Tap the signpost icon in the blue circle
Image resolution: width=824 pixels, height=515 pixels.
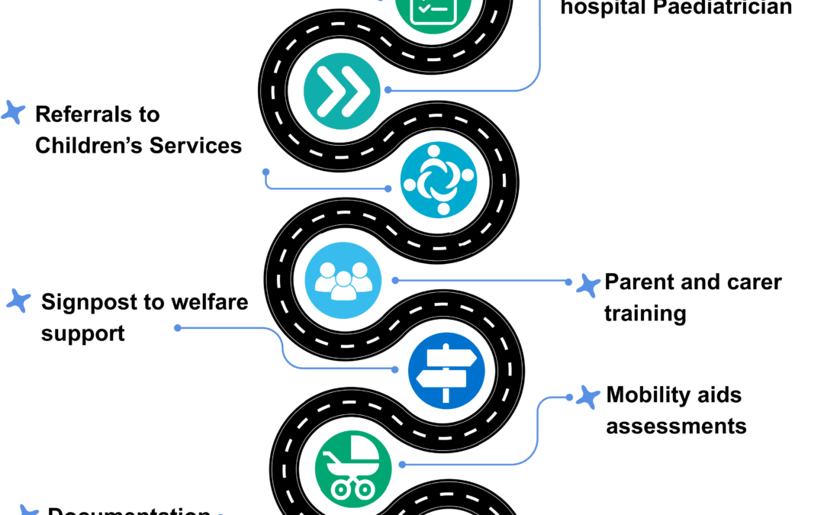tap(446, 370)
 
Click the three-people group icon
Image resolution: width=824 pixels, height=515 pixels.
tap(343, 280)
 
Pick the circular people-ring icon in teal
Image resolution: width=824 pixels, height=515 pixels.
tap(438, 180)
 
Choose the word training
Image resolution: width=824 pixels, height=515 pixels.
tap(645, 314)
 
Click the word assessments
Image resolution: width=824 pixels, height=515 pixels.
tap(676, 425)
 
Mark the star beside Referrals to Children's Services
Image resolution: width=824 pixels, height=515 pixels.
tap(13, 112)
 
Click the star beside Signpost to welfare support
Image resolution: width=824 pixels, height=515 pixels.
tap(18, 300)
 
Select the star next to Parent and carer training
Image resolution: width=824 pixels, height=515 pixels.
tap(587, 285)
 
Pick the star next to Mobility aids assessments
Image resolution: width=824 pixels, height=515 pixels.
tap(587, 397)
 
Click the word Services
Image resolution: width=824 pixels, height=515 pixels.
tap(195, 145)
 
